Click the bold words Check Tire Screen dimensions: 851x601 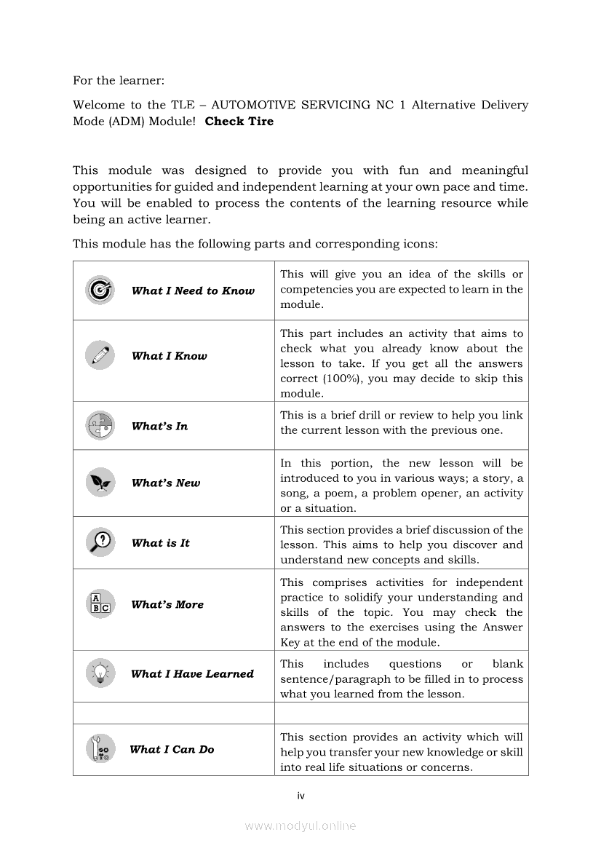pos(239,122)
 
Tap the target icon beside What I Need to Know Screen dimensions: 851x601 pos(100,290)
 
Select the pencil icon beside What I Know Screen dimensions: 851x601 pos(100,355)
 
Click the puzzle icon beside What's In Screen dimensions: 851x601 pos(100,426)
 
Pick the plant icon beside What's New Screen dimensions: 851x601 pos(100,482)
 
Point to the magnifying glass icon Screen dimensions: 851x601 pos(100,542)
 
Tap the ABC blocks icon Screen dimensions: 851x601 pos(100,604)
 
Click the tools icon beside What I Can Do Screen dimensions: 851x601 pos(100,749)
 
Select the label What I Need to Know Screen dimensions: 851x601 pos(193,291)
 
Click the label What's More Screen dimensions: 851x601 pos(167,605)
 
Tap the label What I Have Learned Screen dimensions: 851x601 pos(192,674)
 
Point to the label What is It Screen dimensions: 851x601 pos(160,543)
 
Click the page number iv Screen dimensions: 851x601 pos(300,796)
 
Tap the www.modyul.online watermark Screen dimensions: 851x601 pos(300,826)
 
